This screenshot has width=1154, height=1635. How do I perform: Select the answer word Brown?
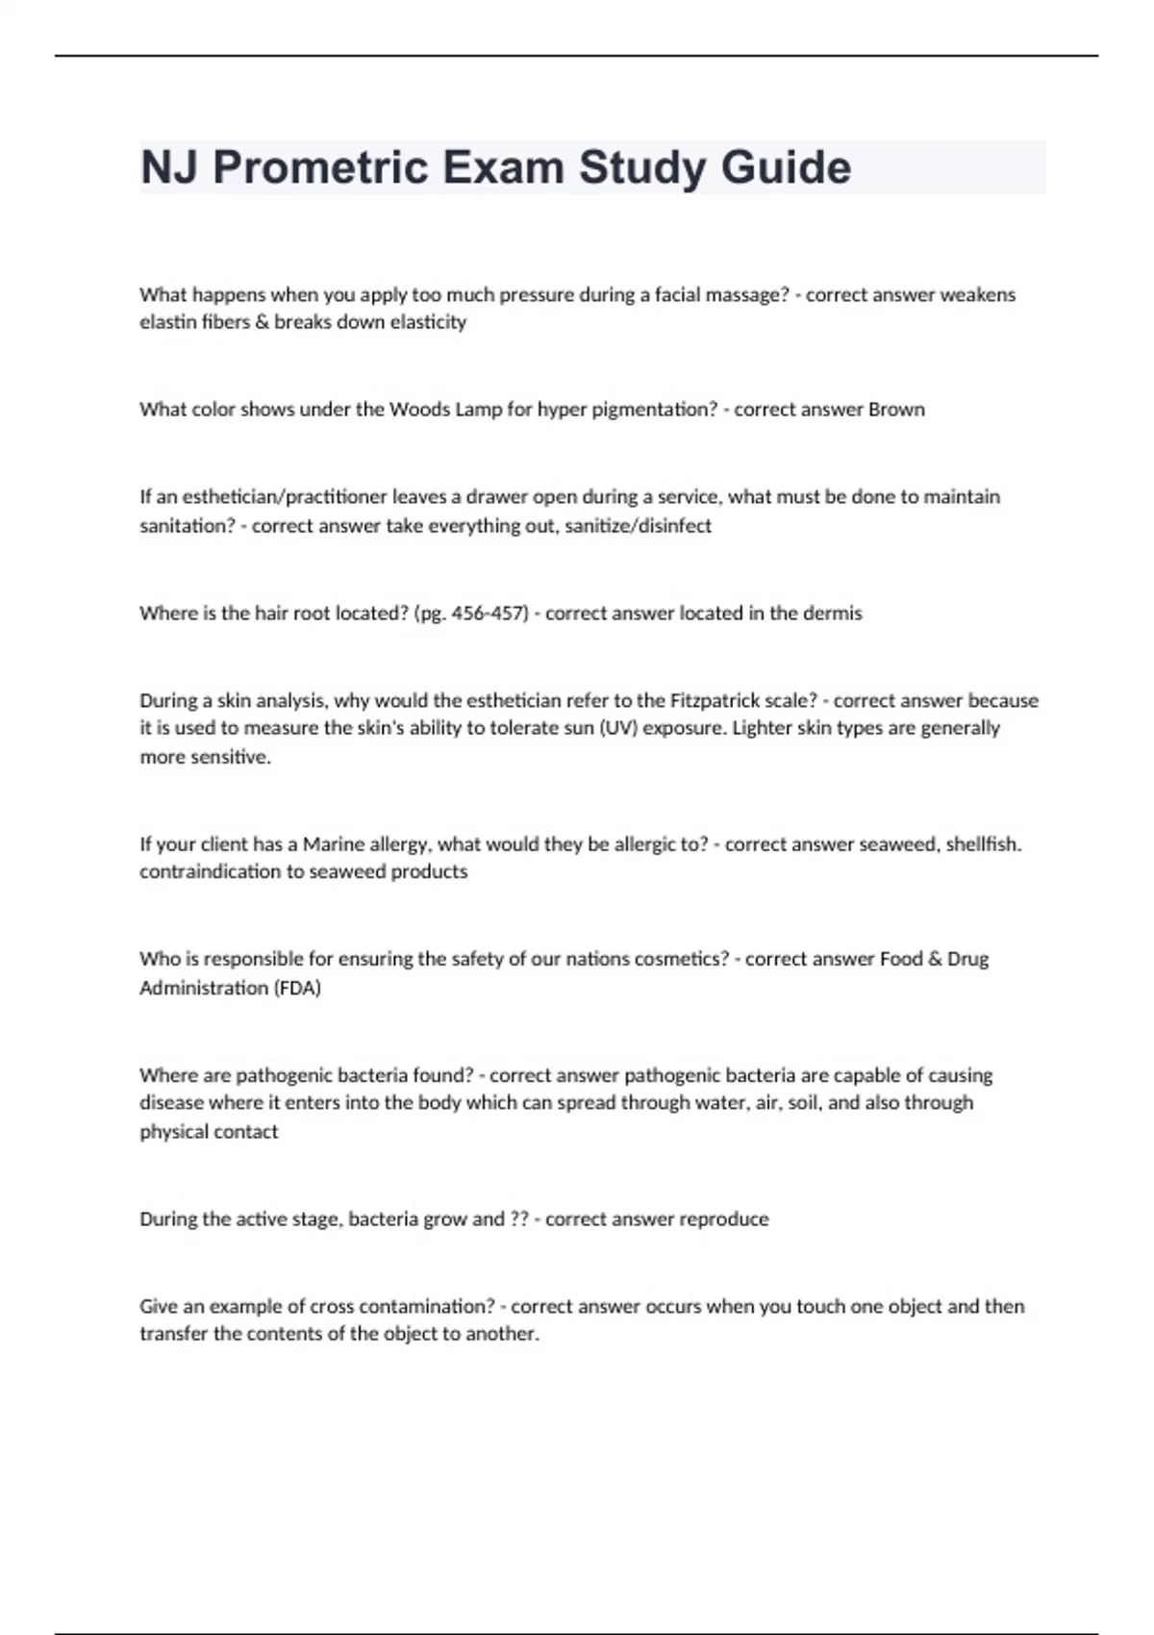coord(896,410)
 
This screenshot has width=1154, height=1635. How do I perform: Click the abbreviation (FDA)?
coord(297,988)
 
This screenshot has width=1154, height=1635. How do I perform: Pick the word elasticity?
coord(428,322)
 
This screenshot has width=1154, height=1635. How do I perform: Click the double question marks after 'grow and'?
coord(518,1220)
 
